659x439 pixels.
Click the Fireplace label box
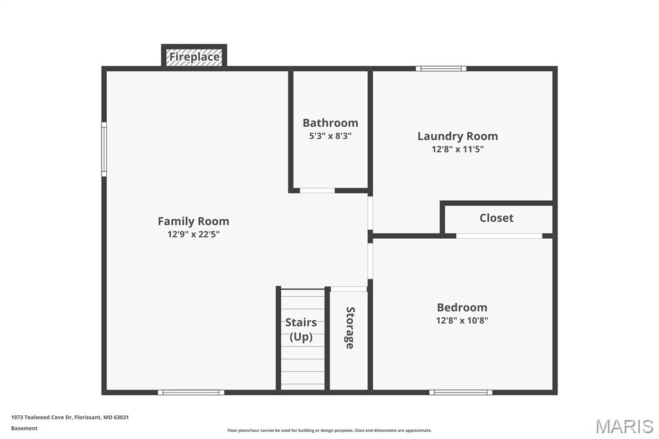coord(194,57)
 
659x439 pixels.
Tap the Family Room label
coord(193,221)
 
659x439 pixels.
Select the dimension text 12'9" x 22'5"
coord(193,235)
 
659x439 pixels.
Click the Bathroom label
coord(330,123)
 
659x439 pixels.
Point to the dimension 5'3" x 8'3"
coord(330,136)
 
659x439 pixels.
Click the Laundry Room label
coord(458,136)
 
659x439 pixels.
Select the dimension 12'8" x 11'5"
coord(458,149)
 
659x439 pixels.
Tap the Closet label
coord(496,218)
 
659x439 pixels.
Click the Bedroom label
coord(462,308)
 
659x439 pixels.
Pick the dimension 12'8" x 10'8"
coord(462,321)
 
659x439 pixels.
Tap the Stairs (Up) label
coord(301,330)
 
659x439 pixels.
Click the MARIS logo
coord(624,425)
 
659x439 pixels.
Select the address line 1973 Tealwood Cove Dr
coord(70,417)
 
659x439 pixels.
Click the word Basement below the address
coord(24,428)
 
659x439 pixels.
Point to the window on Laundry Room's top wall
coord(441,68)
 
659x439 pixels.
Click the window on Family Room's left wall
coord(104,150)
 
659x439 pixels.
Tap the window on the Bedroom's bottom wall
coord(461,392)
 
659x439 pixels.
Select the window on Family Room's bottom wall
coord(191,392)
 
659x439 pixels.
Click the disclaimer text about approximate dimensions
coord(329,431)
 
